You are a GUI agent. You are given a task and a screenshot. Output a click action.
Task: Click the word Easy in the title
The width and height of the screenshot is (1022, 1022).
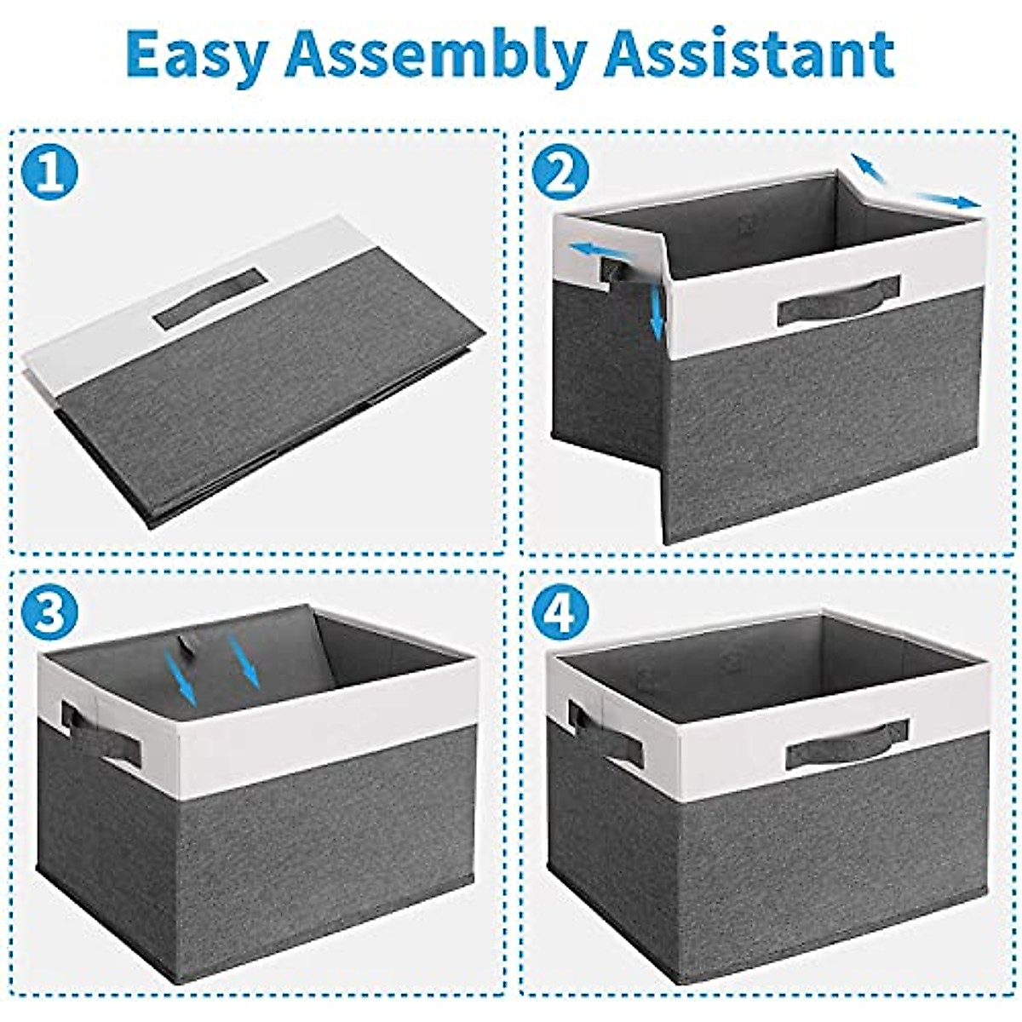197,55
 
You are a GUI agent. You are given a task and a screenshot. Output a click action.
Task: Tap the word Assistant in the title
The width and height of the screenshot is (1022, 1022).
749,55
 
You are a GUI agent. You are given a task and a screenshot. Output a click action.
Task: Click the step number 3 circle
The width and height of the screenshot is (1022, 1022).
49,612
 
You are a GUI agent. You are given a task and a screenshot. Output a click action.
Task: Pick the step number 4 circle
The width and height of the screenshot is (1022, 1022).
560,612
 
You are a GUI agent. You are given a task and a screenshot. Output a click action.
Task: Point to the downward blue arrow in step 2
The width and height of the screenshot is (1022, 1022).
657,312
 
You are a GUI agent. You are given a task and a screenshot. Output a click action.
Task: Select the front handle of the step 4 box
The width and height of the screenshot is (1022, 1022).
847,745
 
